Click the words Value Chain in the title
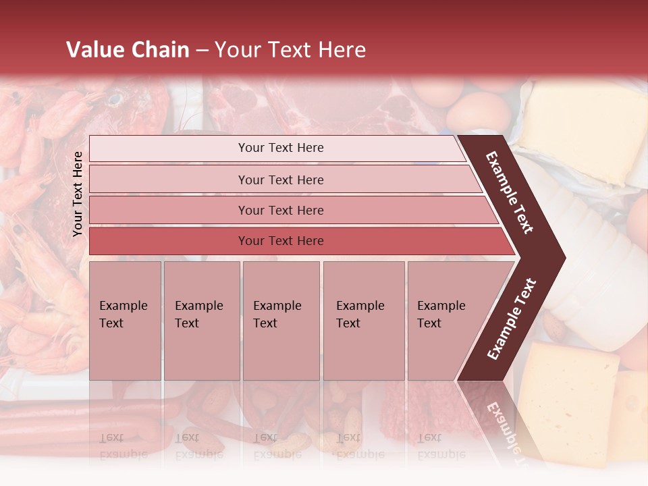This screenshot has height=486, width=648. tap(128, 50)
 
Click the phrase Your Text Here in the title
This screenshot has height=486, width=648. tap(290, 50)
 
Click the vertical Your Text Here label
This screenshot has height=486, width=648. tap(78, 194)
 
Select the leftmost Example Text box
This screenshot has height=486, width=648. tap(125, 321)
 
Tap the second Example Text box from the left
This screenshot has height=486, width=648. tap(201, 321)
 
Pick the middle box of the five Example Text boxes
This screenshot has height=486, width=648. tap(281, 321)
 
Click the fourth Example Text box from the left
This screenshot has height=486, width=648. tap(363, 321)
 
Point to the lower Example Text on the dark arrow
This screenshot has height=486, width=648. tap(512, 319)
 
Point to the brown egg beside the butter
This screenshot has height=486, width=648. tap(477, 111)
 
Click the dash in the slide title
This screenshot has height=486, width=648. tap(202, 50)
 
